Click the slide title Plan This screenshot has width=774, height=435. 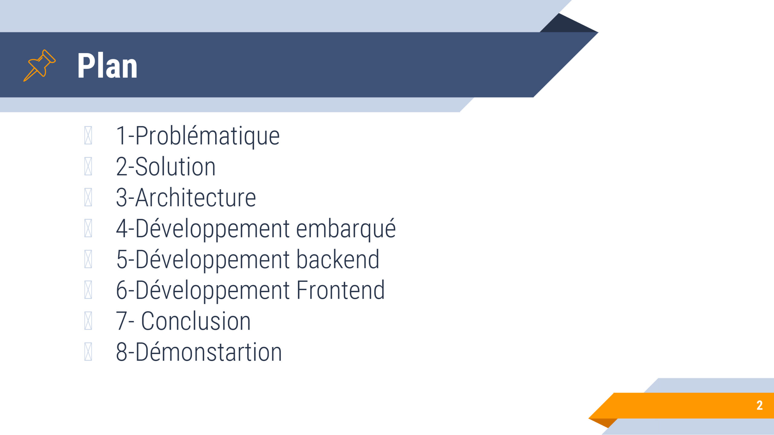click(x=107, y=66)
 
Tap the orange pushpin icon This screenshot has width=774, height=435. click(x=39, y=66)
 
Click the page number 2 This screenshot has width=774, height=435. click(x=759, y=405)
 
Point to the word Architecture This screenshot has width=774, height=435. click(x=196, y=198)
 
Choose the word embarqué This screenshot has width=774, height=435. click(x=346, y=229)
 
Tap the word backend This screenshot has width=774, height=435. click(x=338, y=259)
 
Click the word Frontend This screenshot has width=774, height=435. click(x=340, y=290)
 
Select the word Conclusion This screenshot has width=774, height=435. click(x=196, y=321)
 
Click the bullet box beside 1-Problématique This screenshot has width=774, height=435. click(x=88, y=136)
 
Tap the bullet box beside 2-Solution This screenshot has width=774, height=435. click(x=88, y=166)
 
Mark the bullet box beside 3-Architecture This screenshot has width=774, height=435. click(x=88, y=197)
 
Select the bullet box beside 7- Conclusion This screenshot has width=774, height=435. click(x=88, y=321)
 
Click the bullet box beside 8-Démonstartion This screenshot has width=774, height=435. click(x=88, y=352)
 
